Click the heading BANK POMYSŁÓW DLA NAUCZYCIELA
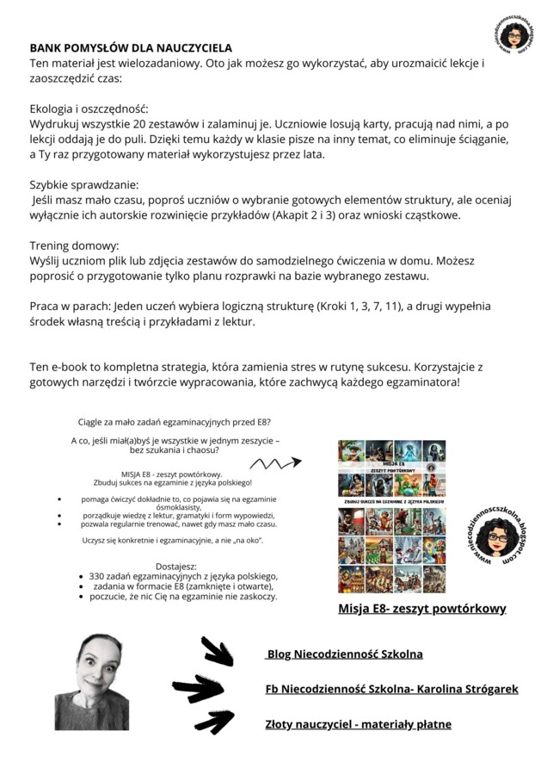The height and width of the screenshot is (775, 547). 131,49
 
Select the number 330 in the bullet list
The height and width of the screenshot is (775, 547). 98,576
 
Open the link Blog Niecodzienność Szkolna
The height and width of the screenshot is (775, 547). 344,654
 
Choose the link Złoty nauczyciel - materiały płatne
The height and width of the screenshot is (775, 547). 358,724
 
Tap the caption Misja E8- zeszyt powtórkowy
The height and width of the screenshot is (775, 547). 421,609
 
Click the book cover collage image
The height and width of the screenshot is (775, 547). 392,516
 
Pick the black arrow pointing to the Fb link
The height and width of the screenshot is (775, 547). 198,688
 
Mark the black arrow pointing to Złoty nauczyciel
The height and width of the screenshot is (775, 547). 215,722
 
